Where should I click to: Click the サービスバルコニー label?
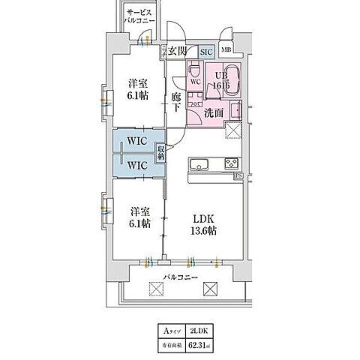click(x=140, y=17)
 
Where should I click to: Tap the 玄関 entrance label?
click(x=175, y=51)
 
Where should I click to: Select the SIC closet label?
click(x=206, y=51)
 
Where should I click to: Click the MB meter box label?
click(x=226, y=51)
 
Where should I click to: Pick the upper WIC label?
click(x=136, y=140)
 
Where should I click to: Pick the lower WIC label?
click(x=136, y=164)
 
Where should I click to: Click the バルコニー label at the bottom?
click(x=181, y=277)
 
